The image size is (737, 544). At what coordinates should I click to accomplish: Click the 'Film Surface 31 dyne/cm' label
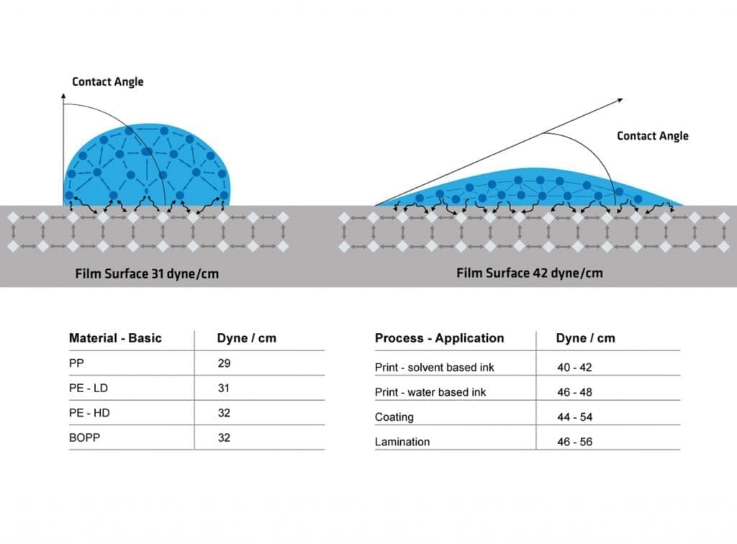click(x=147, y=274)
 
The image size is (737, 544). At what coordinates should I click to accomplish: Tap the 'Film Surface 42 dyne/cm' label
click(x=530, y=273)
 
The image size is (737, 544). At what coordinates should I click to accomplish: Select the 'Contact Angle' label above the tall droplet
click(x=107, y=82)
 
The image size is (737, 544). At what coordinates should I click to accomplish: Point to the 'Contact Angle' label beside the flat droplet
click(x=652, y=136)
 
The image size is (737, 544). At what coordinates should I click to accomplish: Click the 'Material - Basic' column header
click(x=115, y=338)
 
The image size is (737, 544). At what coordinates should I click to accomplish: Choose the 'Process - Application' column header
click(x=439, y=338)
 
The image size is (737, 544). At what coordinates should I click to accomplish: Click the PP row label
click(x=76, y=363)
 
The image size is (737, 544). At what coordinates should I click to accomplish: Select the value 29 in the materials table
click(x=224, y=363)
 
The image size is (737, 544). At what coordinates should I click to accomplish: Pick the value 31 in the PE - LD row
click(x=224, y=389)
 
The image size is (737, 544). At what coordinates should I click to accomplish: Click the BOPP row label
click(x=84, y=438)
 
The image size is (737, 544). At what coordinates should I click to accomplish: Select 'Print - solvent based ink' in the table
click(x=435, y=368)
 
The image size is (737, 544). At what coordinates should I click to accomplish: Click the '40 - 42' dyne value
click(x=574, y=368)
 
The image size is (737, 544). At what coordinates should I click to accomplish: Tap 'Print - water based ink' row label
click(x=430, y=392)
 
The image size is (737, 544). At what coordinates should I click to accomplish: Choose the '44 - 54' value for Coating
click(x=574, y=417)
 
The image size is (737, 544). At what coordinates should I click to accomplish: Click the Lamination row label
click(x=402, y=442)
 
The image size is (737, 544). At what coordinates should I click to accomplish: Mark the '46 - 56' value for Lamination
click(x=574, y=442)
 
